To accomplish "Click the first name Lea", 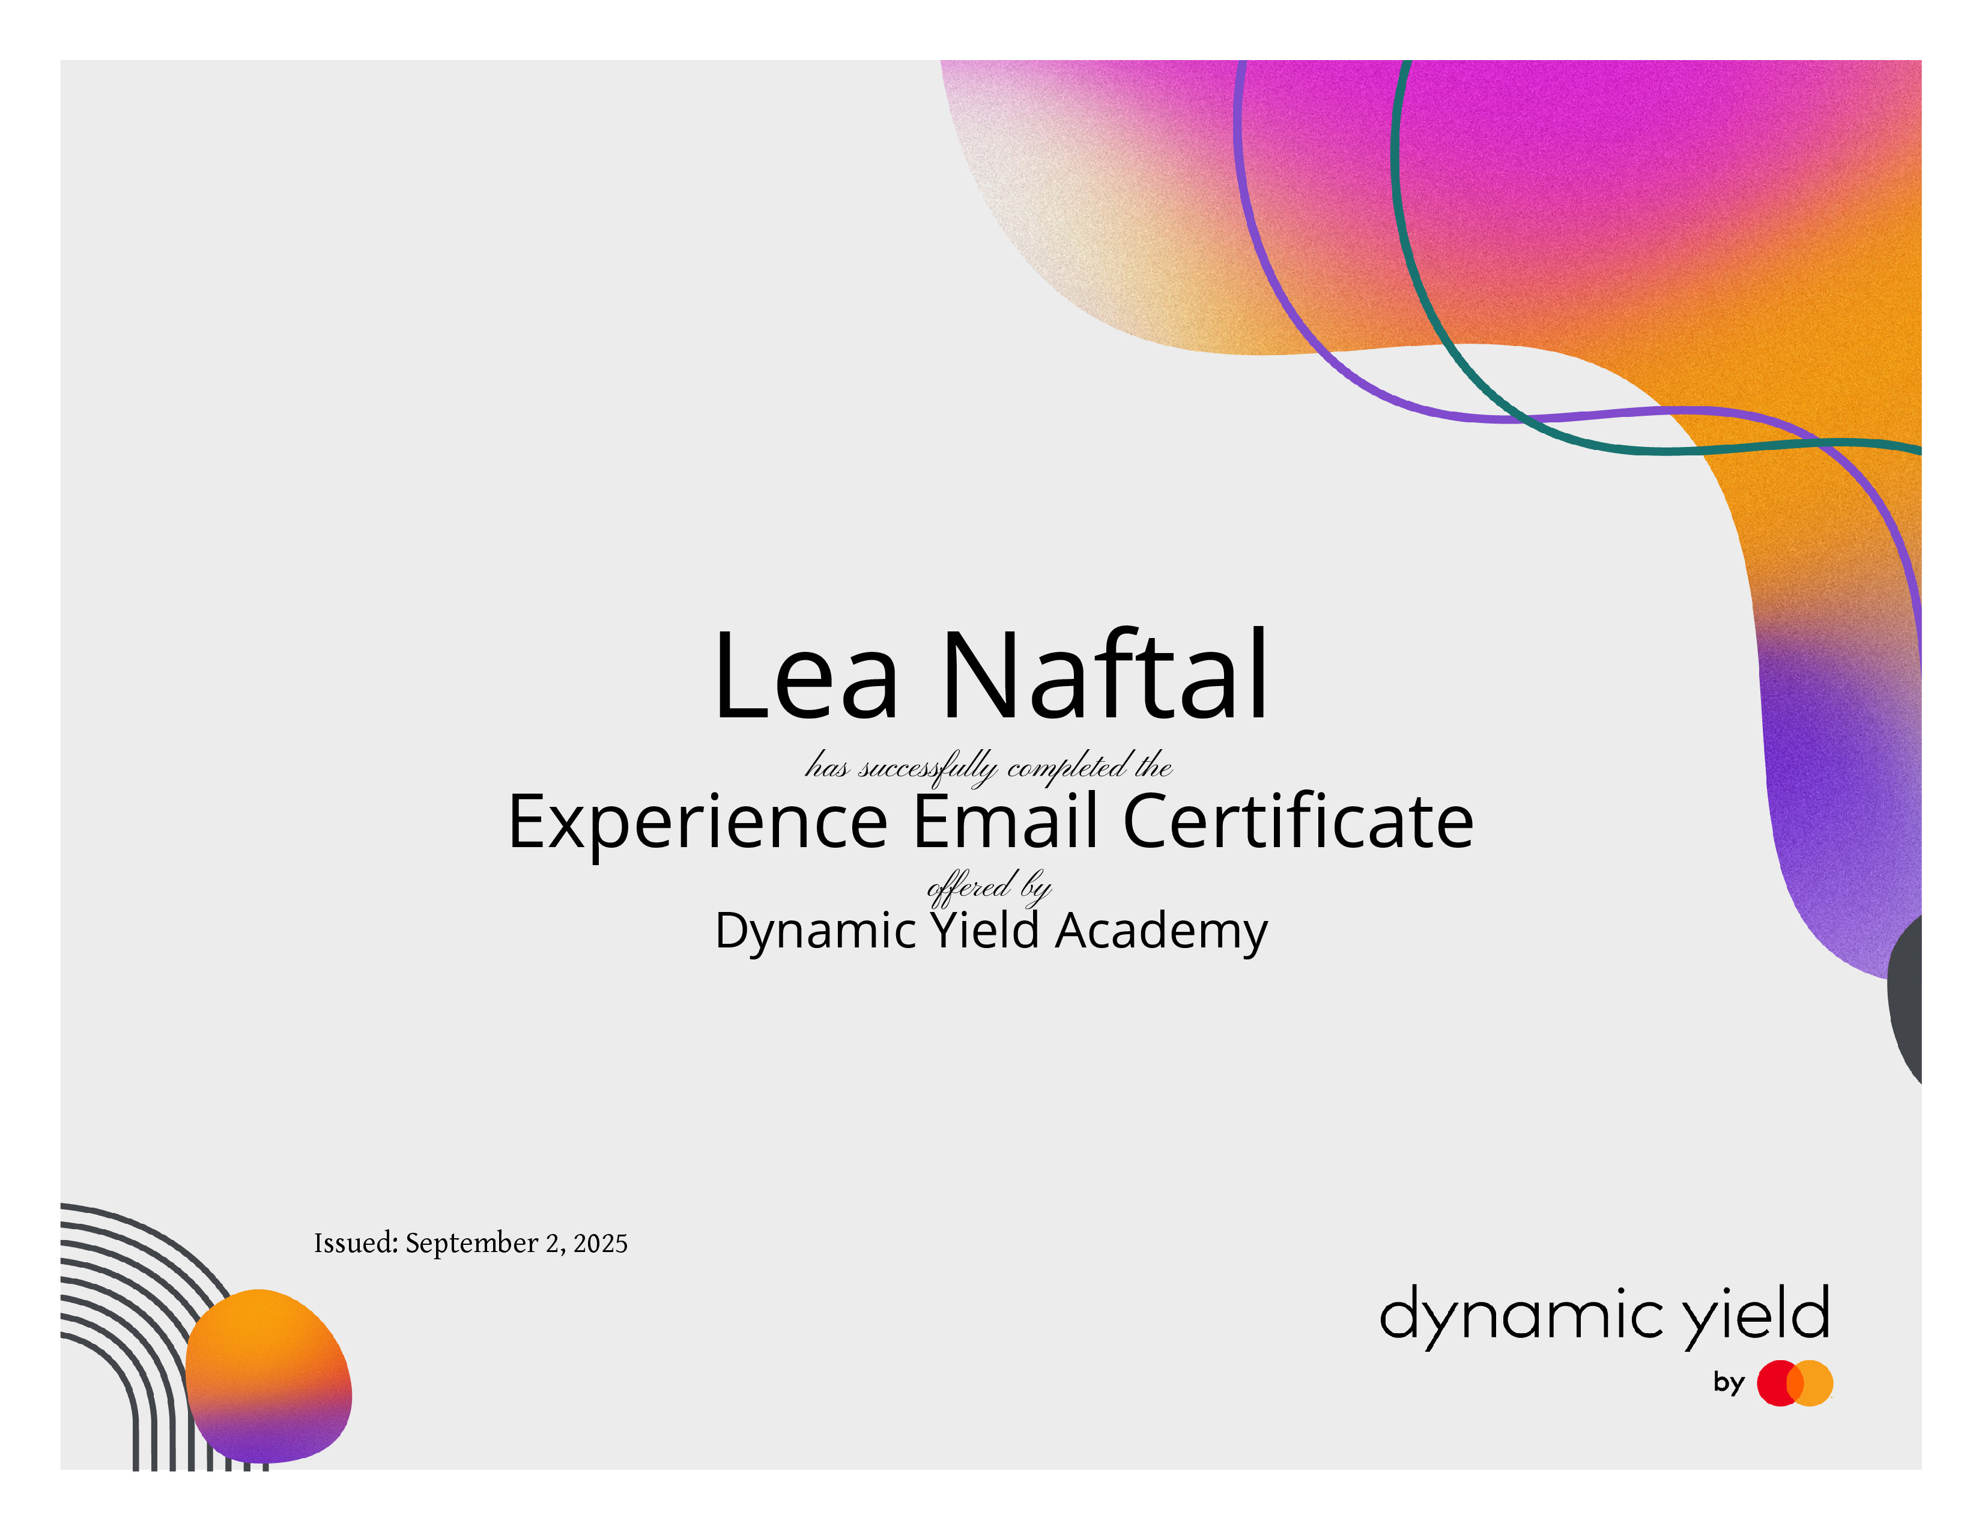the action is tap(807, 675).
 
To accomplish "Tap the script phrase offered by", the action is tap(989, 887).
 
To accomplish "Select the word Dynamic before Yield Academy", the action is tap(816, 932).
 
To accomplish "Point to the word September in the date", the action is tap(471, 1244).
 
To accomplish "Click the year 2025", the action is tap(600, 1244).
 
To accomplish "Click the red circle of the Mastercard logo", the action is tap(1780, 1383).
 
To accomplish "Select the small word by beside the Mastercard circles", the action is tap(1729, 1383).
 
